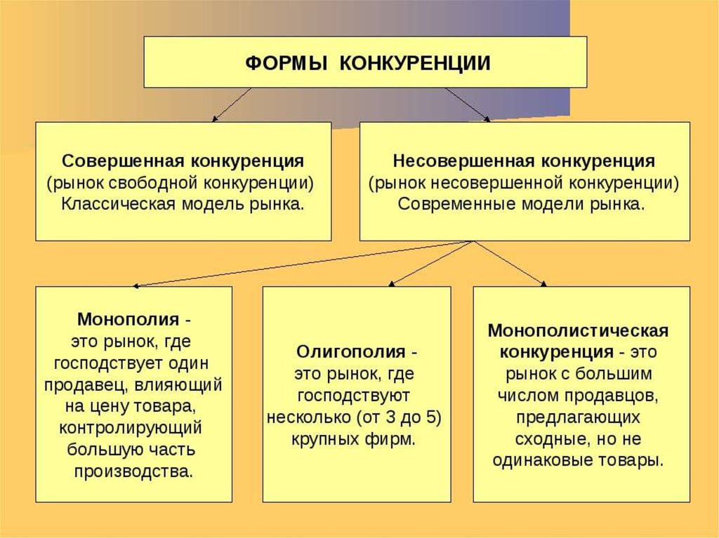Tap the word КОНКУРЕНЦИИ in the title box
(414, 63)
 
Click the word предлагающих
(578, 417)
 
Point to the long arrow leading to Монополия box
(302, 264)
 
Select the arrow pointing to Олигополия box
(428, 263)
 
